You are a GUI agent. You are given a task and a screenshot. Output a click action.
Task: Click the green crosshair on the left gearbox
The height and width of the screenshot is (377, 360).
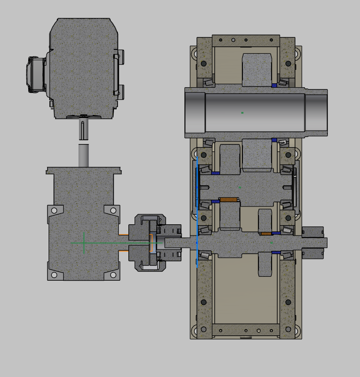84,243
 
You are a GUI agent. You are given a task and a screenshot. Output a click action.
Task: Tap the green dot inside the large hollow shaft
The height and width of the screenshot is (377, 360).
242,113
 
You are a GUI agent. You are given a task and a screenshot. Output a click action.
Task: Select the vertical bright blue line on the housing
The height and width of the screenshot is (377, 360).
197,213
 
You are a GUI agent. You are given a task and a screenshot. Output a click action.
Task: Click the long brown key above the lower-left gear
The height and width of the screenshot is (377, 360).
229,200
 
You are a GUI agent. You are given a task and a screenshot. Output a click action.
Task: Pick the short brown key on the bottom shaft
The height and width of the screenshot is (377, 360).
266,234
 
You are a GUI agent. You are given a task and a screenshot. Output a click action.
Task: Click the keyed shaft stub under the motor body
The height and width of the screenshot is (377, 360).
82,130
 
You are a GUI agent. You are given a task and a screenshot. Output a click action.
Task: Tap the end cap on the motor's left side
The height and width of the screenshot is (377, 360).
35,75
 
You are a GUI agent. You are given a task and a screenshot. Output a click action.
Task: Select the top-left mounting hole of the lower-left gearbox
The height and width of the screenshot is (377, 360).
54,210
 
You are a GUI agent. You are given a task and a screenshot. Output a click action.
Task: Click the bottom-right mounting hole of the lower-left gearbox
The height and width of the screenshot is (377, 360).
113,275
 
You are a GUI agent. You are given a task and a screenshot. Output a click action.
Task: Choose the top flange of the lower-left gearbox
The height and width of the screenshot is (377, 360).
83,170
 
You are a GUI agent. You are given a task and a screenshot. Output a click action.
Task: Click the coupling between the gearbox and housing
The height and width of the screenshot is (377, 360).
150,243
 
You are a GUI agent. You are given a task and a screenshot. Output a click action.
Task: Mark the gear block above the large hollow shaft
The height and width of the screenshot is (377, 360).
257,69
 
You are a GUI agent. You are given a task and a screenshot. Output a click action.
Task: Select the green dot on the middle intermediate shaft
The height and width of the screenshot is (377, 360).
239,187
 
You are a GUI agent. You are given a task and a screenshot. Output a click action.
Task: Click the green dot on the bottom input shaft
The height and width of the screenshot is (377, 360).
272,243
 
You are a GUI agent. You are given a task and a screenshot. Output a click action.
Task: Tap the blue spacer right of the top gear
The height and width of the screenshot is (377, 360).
274,85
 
